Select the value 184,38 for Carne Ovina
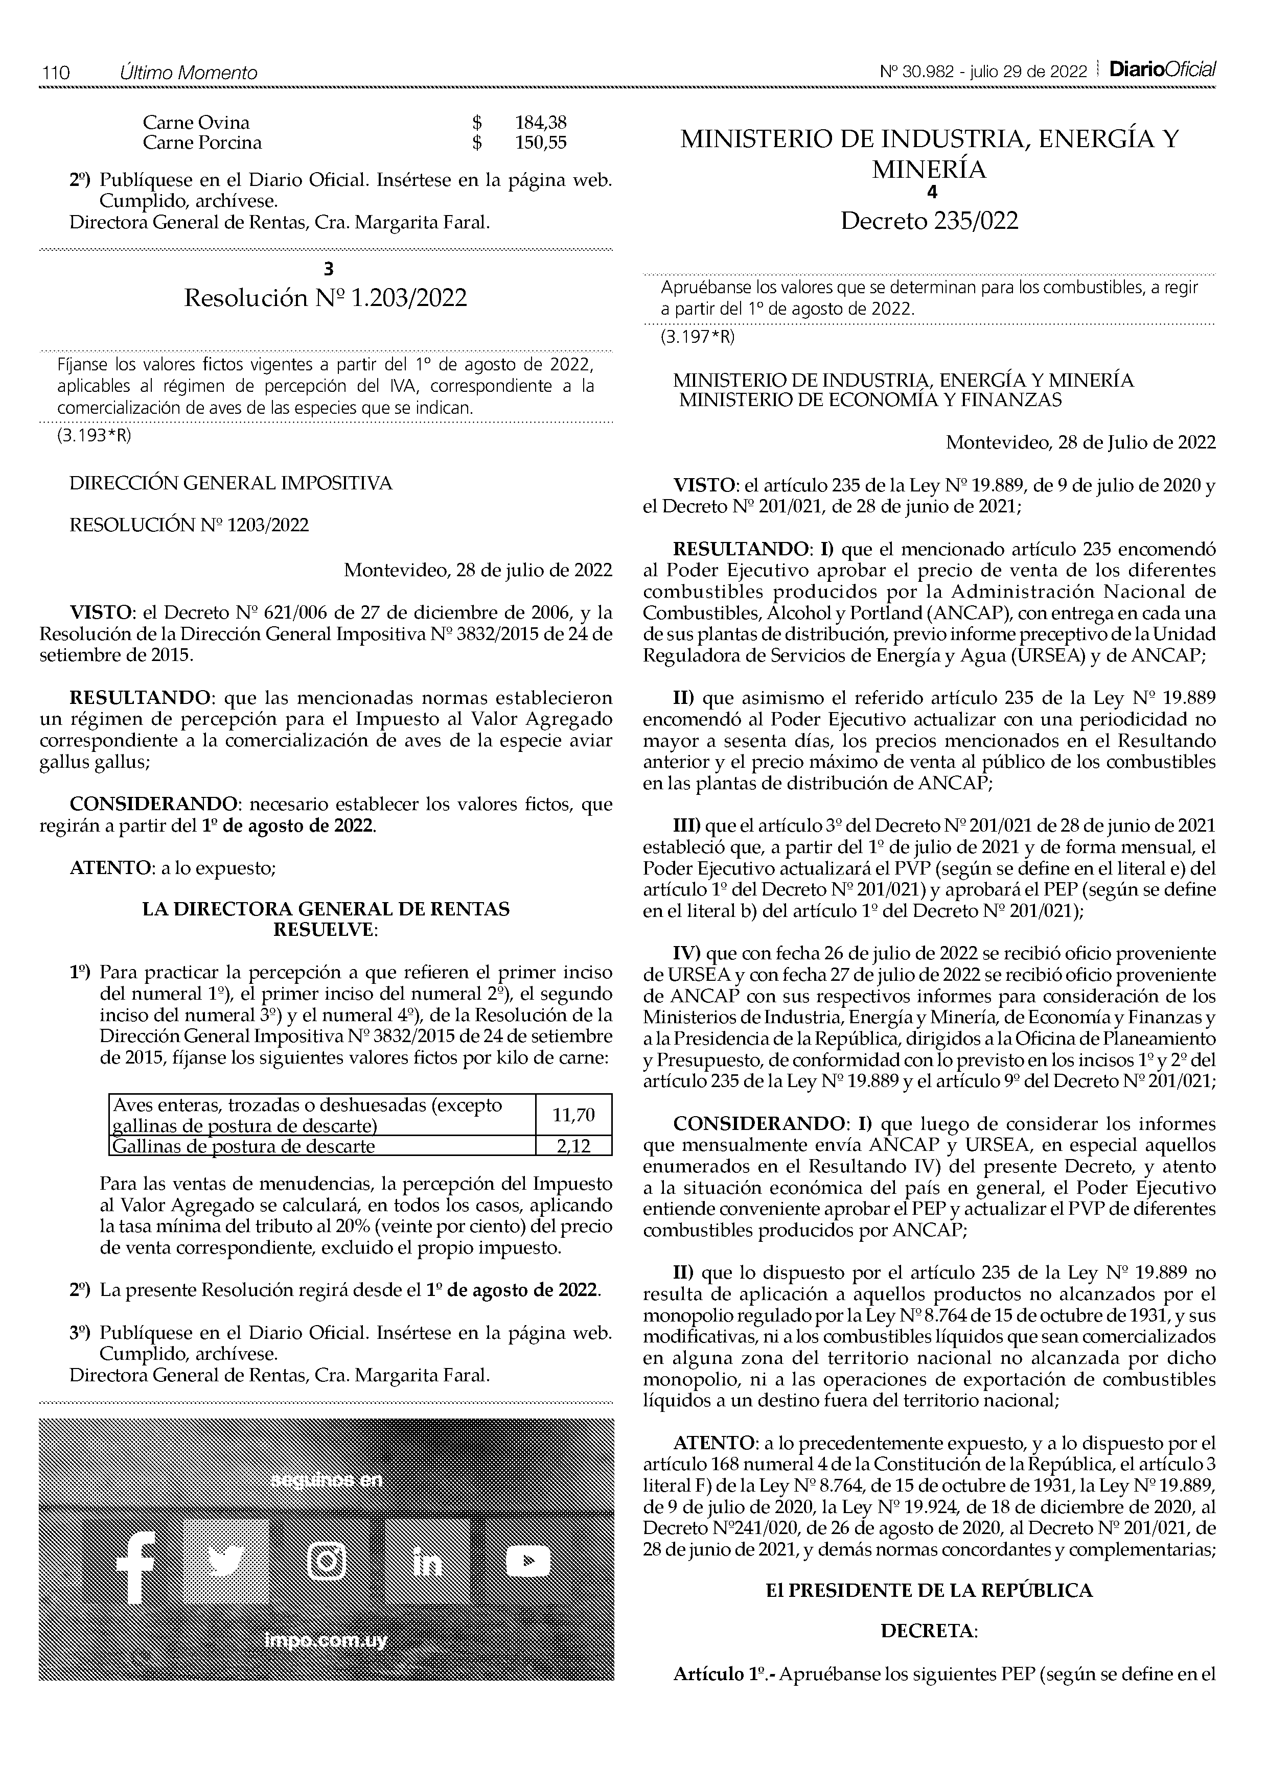pyautogui.click(x=540, y=123)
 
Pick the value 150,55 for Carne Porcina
pyautogui.click(x=540, y=143)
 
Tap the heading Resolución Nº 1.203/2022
pyautogui.click(x=326, y=298)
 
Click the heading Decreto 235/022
pyautogui.click(x=929, y=222)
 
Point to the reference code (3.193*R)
pyautogui.click(x=93, y=436)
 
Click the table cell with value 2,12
pyautogui.click(x=573, y=1146)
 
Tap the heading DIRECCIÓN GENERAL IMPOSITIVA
pyautogui.click(x=231, y=484)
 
